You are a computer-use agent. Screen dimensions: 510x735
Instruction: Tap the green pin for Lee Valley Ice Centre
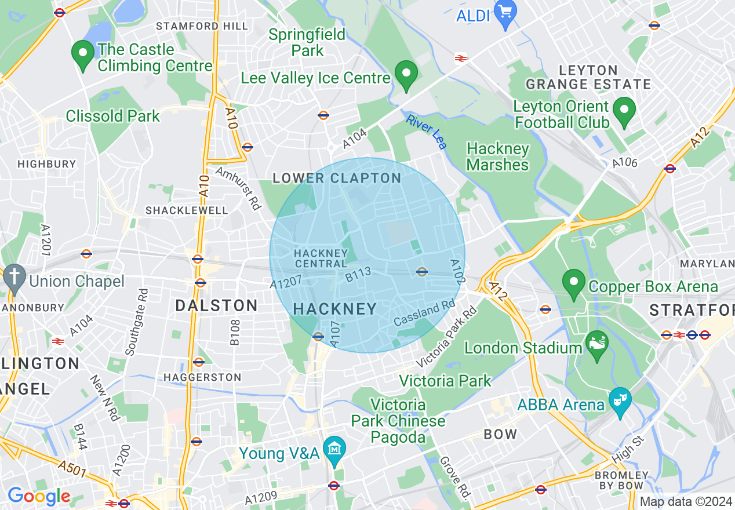tap(406, 74)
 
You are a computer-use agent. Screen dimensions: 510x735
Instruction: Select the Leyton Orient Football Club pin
tap(624, 111)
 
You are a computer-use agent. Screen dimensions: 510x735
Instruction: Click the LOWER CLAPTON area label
tap(337, 178)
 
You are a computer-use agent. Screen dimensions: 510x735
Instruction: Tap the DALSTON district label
tap(216, 306)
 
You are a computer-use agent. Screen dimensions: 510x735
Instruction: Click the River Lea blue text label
tap(427, 132)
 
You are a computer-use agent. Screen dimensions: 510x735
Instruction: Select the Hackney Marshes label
tap(497, 157)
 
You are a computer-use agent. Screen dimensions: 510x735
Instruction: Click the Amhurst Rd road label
tap(238, 188)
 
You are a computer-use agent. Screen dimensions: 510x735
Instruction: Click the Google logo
tap(39, 496)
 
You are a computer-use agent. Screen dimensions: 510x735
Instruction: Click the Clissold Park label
tap(112, 116)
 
